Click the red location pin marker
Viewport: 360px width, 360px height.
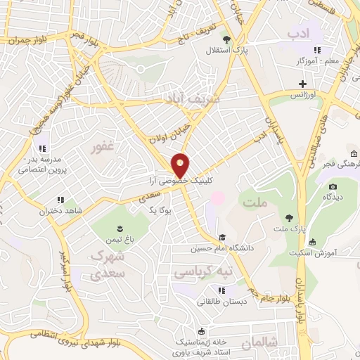pos(181,165)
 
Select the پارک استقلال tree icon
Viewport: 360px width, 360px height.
pos(226,39)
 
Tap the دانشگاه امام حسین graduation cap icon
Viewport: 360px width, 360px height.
pos(223,237)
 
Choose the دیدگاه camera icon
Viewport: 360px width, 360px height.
pos(333,186)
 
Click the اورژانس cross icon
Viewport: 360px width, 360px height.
pos(302,84)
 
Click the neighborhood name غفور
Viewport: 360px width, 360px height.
pos(103,148)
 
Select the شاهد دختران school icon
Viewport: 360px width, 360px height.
pos(61,200)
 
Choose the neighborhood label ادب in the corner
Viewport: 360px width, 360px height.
pos(299,32)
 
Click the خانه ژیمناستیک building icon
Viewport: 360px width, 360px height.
pos(202,330)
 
